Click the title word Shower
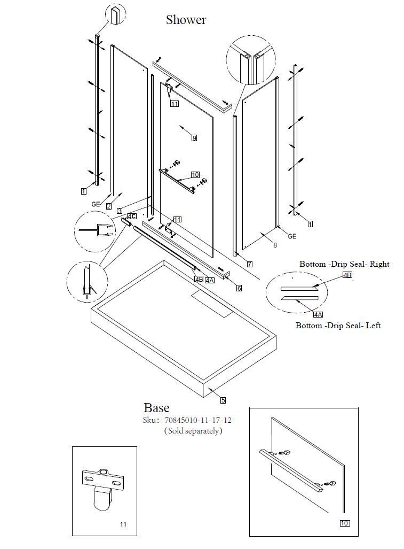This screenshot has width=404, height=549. (186, 20)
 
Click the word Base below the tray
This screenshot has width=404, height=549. (156, 408)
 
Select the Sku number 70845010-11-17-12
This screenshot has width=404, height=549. (198, 420)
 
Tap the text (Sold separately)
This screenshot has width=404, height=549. (193, 431)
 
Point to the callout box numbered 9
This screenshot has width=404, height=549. (194, 138)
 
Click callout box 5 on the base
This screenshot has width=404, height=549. (223, 400)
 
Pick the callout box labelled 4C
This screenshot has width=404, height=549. (132, 216)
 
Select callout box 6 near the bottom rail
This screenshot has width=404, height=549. (239, 288)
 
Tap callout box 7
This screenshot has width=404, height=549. (250, 265)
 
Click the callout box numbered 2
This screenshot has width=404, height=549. (109, 206)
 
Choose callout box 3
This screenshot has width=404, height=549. (120, 211)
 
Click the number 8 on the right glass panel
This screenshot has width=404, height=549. (275, 245)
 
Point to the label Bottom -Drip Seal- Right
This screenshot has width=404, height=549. (344, 264)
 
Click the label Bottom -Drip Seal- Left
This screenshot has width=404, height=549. (338, 325)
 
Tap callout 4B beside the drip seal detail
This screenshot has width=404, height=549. (347, 275)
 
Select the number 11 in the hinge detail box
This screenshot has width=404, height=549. (123, 524)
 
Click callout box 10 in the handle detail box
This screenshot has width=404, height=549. (344, 523)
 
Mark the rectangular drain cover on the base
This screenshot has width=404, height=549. (212, 303)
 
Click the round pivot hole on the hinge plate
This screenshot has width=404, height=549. (104, 472)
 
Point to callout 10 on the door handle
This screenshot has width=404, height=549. (195, 175)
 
